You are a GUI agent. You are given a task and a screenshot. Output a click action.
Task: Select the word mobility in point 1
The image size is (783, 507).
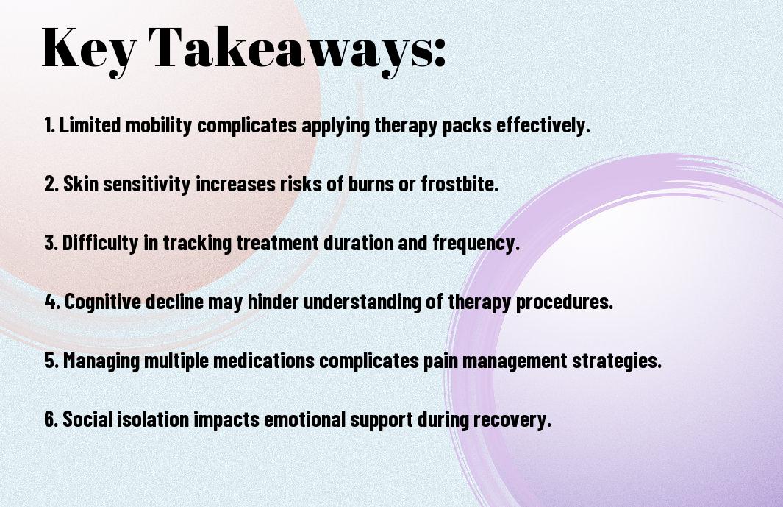159,126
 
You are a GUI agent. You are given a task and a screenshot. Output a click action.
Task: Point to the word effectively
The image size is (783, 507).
543,124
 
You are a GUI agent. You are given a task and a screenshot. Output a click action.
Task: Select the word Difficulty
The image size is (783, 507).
100,243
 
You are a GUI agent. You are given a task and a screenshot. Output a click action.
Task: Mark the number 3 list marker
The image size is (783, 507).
51,243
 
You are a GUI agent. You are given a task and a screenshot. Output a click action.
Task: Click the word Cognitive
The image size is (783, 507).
103,302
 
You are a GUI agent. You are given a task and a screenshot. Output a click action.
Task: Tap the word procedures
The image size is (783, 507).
565,302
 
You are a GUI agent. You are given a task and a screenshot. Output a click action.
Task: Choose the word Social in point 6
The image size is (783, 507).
87,419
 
